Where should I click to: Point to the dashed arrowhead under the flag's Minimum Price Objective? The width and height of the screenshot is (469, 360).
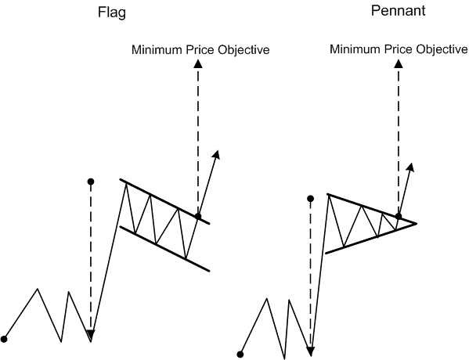click(x=197, y=67)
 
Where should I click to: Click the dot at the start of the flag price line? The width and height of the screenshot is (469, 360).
click(x=5, y=339)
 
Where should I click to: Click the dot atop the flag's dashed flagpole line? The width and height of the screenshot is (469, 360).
click(x=91, y=182)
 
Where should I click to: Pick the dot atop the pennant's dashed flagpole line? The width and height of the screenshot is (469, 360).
click(x=311, y=199)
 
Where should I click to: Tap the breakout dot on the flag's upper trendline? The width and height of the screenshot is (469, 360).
click(x=197, y=216)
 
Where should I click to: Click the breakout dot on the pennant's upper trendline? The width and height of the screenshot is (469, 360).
click(x=399, y=216)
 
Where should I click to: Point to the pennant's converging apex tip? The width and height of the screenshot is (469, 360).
click(x=415, y=223)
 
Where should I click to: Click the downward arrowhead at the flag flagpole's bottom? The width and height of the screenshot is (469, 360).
click(x=91, y=337)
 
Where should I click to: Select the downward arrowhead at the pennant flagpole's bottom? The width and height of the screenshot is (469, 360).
click(x=311, y=351)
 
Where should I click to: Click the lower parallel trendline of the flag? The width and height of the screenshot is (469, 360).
click(x=164, y=249)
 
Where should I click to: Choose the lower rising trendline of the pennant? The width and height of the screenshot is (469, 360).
click(x=368, y=238)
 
